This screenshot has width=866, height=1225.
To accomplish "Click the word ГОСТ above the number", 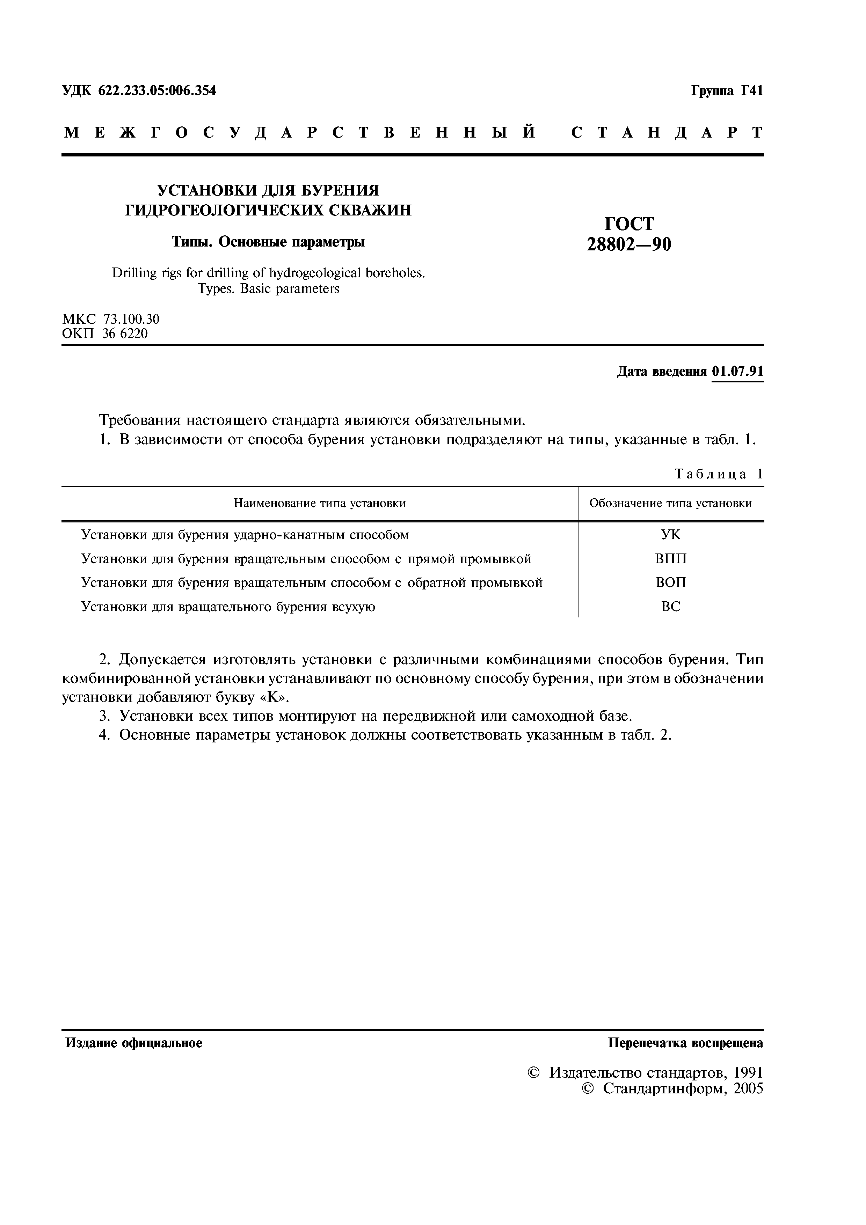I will coord(628,223).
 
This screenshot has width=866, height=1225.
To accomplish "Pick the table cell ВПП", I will coord(671,559).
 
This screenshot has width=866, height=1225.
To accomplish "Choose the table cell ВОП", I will coord(671,582).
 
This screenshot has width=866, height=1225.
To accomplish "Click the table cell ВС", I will coord(671,607).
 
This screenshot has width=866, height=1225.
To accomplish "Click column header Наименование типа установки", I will coord(320,503).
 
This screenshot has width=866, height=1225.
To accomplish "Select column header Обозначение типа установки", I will coord(671,503).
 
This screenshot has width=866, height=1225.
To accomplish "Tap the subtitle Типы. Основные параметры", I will coord(268,242).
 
